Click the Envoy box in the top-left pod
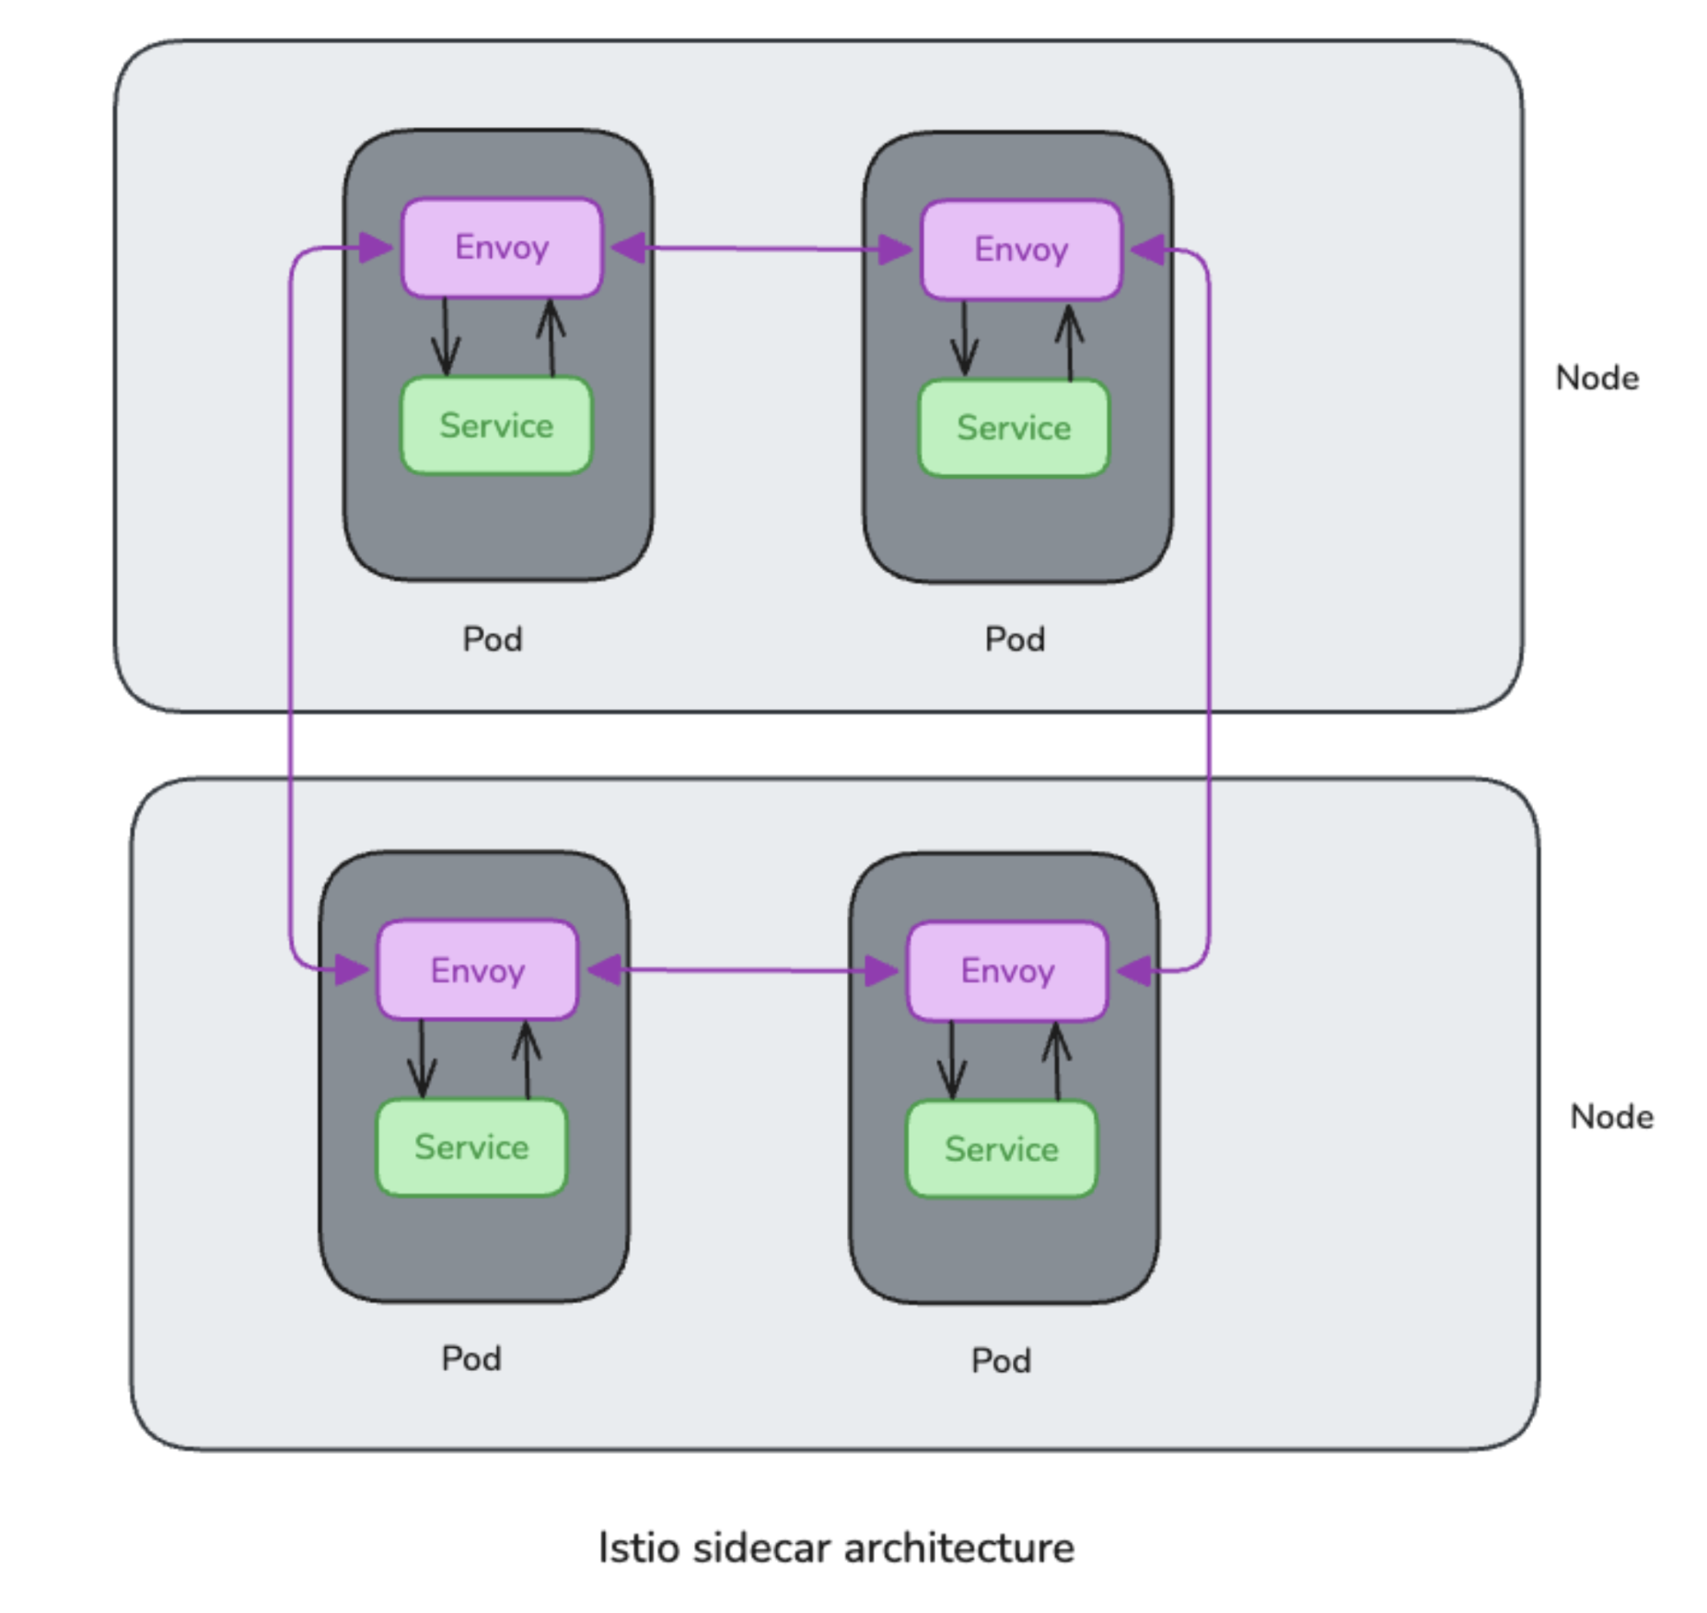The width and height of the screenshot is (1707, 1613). pyautogui.click(x=502, y=248)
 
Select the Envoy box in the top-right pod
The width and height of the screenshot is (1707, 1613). pyautogui.click(x=1021, y=249)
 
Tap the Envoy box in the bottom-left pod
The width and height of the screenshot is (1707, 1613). pyautogui.click(x=477, y=970)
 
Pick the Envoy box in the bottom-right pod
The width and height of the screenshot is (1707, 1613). pyautogui.click(x=1007, y=971)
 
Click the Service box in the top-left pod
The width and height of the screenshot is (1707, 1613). pyautogui.click(x=496, y=425)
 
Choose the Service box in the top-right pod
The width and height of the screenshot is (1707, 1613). pyautogui.click(x=1014, y=428)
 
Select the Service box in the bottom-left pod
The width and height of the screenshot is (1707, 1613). pyautogui.click(x=471, y=1147)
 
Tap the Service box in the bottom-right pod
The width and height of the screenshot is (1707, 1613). pyautogui.click(x=1002, y=1149)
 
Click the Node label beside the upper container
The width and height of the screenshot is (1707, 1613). pyautogui.click(x=1597, y=378)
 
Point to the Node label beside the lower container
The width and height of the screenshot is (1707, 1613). pyautogui.click(x=1611, y=1117)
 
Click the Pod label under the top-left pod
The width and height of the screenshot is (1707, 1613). pyautogui.click(x=492, y=639)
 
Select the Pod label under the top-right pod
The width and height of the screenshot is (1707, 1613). pyautogui.click(x=1015, y=639)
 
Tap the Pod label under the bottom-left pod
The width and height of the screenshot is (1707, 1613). pyautogui.click(x=470, y=1359)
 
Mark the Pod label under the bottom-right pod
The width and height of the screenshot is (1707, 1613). pyautogui.click(x=1001, y=1361)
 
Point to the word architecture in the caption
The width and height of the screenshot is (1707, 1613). pyautogui.click(x=958, y=1548)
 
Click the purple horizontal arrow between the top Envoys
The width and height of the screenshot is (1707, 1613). pyautogui.click(x=762, y=249)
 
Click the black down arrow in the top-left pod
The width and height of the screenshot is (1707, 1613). pyautogui.click(x=446, y=337)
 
